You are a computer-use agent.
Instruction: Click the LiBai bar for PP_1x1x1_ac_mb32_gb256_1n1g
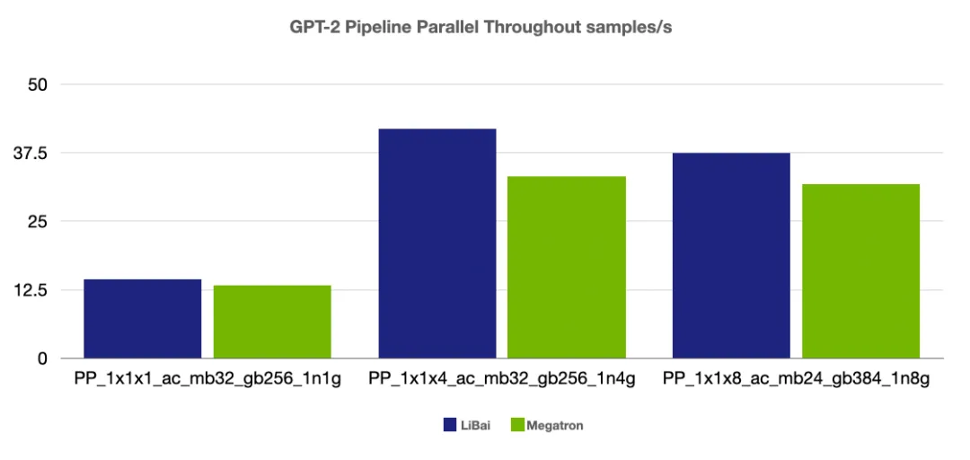[142, 319]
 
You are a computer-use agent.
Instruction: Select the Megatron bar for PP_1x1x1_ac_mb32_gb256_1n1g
[272, 322]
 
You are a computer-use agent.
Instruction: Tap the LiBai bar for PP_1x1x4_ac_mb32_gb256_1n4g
[437, 243]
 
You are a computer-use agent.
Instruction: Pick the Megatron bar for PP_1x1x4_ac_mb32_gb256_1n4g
[567, 267]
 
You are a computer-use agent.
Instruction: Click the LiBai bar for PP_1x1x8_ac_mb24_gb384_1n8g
[731, 255]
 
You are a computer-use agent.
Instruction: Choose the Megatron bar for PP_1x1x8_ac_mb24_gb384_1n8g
[860, 270]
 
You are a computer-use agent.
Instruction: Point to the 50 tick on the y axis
[36, 84]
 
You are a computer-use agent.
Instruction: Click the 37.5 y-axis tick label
[30, 153]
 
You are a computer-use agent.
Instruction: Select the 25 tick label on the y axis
[36, 221]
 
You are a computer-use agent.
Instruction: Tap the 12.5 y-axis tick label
[30, 290]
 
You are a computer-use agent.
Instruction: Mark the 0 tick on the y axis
[41, 358]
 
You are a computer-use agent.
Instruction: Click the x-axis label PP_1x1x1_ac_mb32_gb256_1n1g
[207, 380]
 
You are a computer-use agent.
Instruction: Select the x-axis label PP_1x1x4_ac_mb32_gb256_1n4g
[502, 380]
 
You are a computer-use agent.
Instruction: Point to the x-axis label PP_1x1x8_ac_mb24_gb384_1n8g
[796, 380]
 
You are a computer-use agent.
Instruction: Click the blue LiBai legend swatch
[451, 425]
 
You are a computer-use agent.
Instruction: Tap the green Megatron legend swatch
[516, 425]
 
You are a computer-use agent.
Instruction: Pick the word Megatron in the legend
[555, 425]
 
